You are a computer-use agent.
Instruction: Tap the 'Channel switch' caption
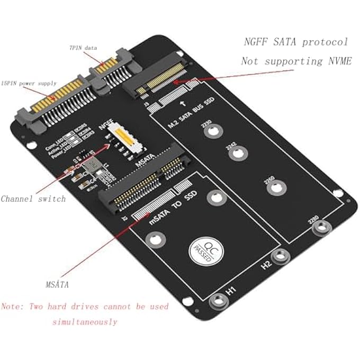[33, 199]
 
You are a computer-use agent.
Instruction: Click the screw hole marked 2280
[320, 228]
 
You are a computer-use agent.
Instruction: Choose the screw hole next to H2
[278, 257]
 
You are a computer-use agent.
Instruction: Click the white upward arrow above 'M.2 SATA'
[182, 104]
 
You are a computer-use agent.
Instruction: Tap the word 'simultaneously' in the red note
[85, 321]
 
